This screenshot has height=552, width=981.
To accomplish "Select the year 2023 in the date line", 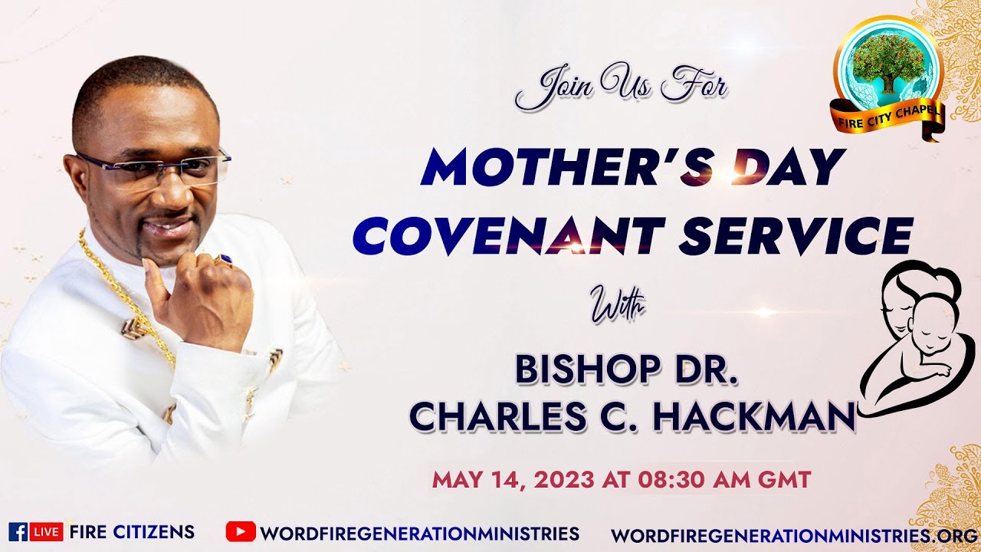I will pyautogui.click(x=566, y=481).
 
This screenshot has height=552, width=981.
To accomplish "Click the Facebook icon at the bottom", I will pyautogui.click(x=17, y=532).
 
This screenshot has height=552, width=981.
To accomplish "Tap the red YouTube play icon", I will pyautogui.click(x=240, y=531).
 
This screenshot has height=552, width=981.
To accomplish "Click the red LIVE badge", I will pyautogui.click(x=46, y=532).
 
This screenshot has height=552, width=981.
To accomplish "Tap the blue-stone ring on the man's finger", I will pyautogui.click(x=225, y=260).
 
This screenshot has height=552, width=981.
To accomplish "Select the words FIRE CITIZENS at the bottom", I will pyautogui.click(x=131, y=532).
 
